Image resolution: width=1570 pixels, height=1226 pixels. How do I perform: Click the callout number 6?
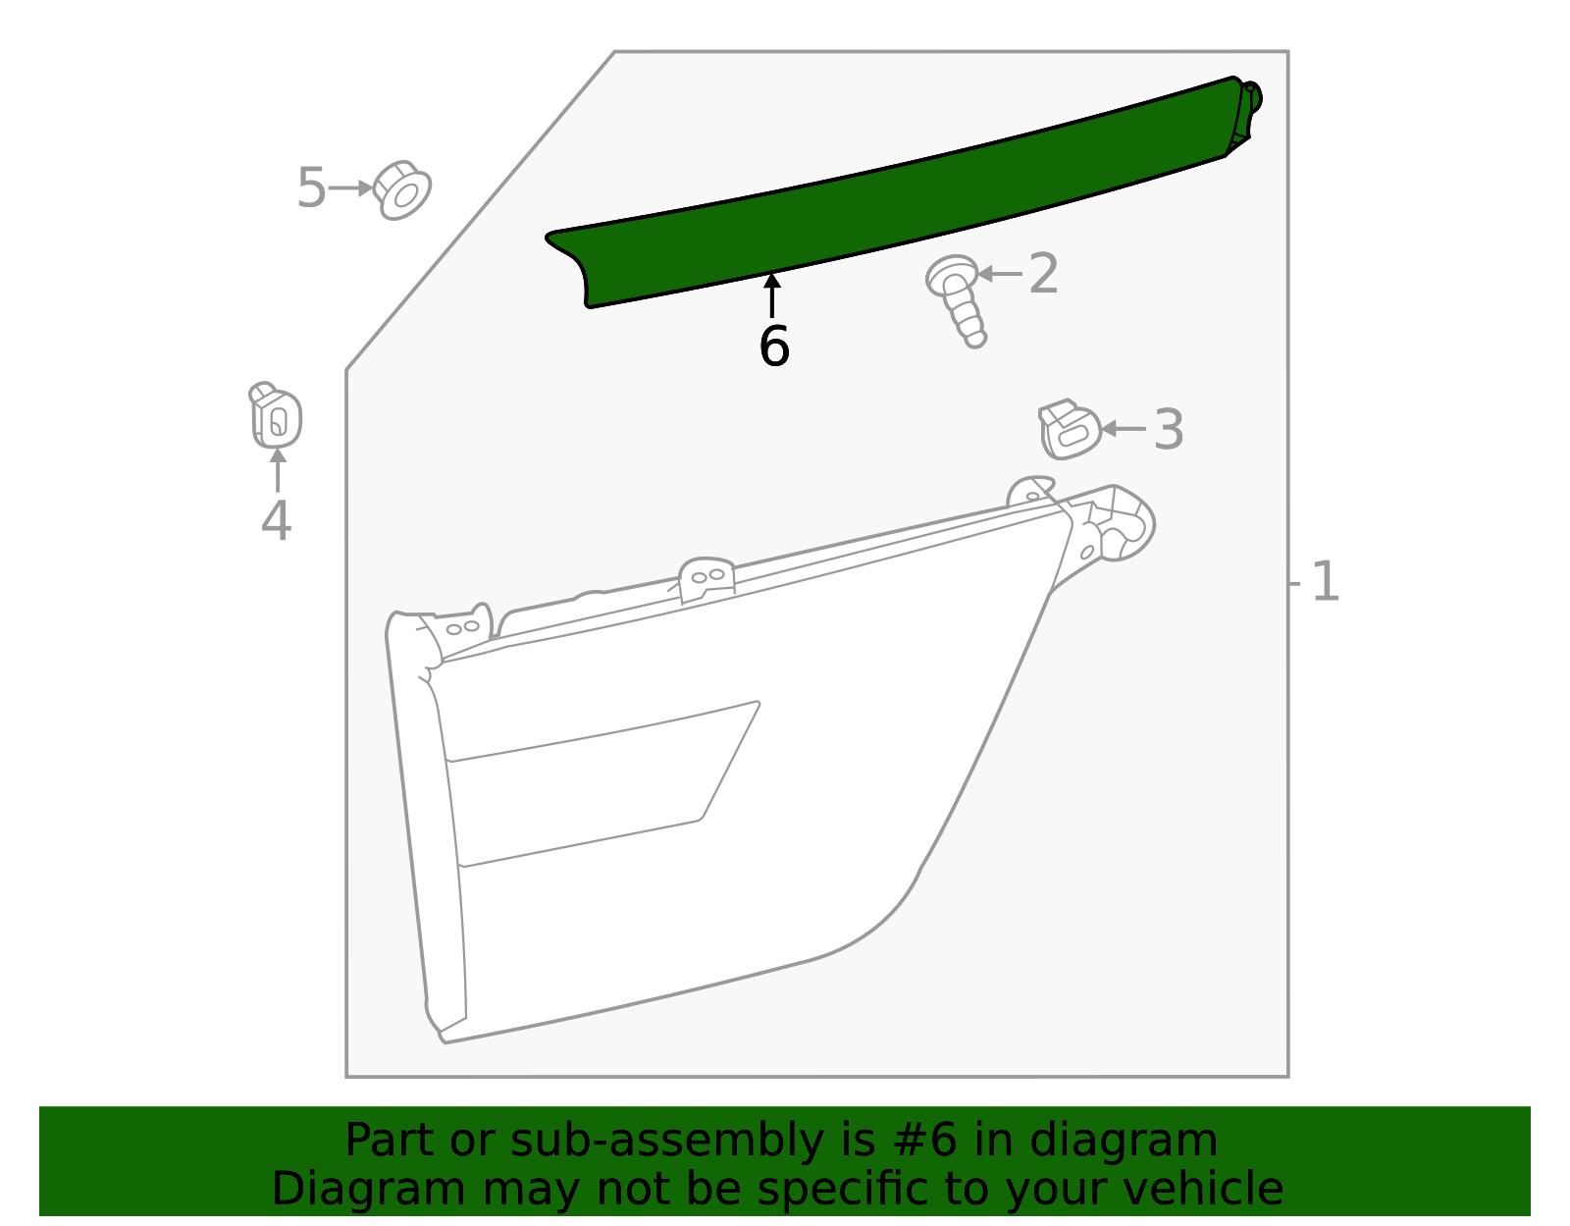pos(773,346)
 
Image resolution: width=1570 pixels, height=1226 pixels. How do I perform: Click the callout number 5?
pos(310,187)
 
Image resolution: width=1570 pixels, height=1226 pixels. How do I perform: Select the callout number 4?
pos(276,520)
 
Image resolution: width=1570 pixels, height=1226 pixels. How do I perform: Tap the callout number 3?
pos(1168,429)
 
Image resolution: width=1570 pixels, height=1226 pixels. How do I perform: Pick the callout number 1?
pos(1325,582)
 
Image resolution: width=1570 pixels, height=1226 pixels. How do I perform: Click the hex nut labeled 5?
pos(402,189)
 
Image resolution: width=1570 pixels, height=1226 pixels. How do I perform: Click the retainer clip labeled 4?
pos(276,416)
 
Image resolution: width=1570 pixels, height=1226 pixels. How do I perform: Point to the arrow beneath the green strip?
pos(773,295)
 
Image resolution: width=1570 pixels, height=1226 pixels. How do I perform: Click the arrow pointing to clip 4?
pos(278,470)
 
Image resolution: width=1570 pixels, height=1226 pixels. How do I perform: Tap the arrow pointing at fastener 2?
pos(1001,273)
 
